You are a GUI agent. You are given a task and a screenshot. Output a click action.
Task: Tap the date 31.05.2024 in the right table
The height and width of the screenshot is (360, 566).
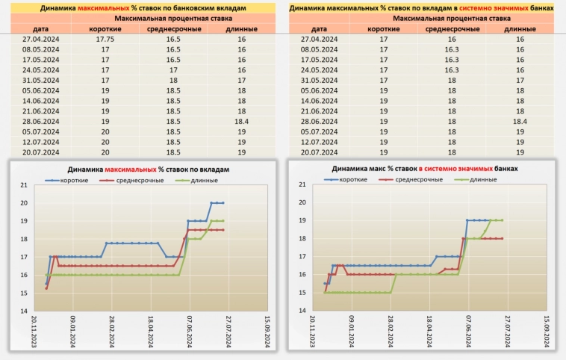coord(320,80)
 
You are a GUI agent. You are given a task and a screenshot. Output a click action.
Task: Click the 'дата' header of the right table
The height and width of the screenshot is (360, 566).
coord(320,28)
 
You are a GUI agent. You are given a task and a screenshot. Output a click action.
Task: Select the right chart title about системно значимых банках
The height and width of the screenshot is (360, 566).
coord(424,170)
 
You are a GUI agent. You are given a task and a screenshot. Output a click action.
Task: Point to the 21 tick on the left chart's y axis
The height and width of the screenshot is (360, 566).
coord(23,185)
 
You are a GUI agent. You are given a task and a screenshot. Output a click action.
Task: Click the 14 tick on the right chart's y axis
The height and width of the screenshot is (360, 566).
coord(302,311)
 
